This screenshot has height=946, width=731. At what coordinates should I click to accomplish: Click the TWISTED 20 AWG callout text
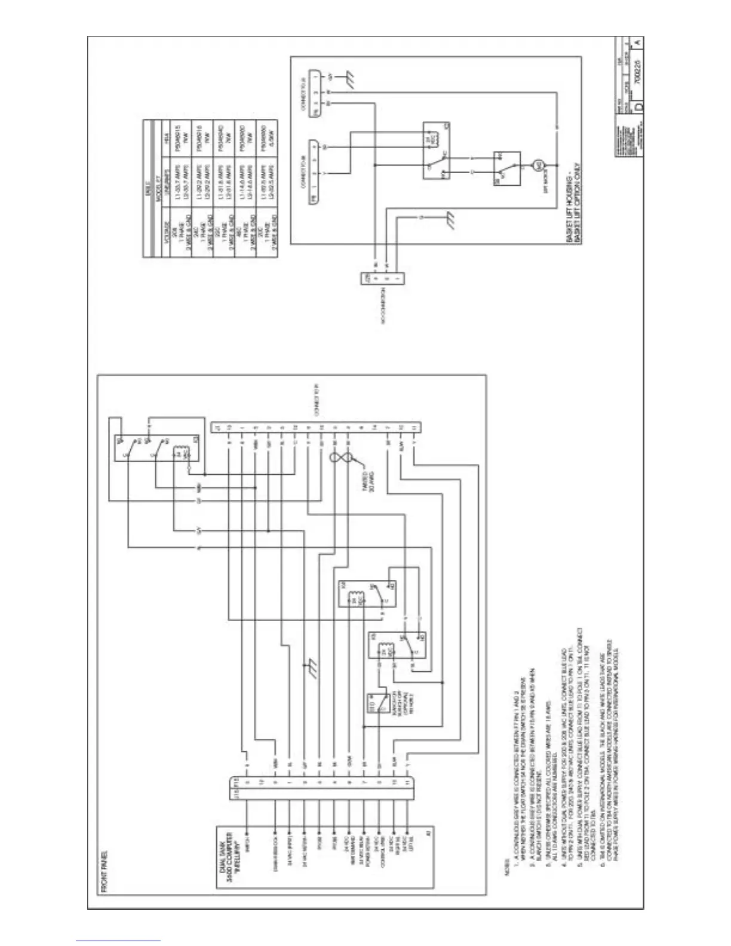(365, 478)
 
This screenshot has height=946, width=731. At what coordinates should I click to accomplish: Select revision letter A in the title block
(638, 42)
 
